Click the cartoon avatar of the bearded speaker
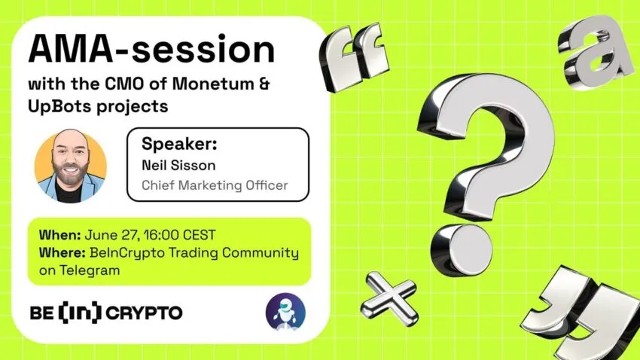71,166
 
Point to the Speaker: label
179,144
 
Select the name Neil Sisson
178,165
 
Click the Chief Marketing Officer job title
215,185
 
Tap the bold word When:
59,235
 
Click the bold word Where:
62,252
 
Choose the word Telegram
90,270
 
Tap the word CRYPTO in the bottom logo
144,313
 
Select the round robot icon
285,313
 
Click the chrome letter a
592,52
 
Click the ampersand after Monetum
264,84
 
